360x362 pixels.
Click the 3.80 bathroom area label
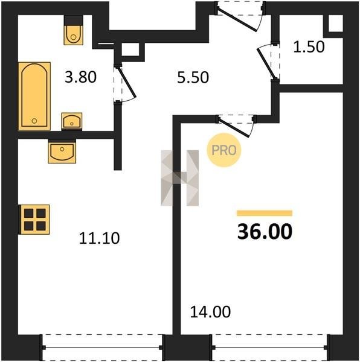pos(80,77)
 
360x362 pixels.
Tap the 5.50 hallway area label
pos(193,77)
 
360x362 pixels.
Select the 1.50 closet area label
pos(309,47)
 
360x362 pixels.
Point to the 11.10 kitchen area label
pos(99,238)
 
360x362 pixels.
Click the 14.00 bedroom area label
pos(210,312)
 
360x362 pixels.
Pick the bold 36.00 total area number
pos(265,232)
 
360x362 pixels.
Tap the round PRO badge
pos(223,150)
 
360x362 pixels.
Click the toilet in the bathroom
pos(74,30)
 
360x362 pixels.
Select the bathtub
pos(34,96)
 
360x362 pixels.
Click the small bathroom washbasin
pos(72,121)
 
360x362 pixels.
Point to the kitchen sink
pos(62,151)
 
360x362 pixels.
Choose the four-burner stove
pos(34,220)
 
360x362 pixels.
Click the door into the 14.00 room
pos(235,127)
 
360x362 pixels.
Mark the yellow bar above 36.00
pos(265,213)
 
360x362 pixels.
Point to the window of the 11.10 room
pos(102,347)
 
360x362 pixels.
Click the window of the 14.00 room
pos(269,347)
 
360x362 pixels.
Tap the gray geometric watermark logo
pos(180,178)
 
